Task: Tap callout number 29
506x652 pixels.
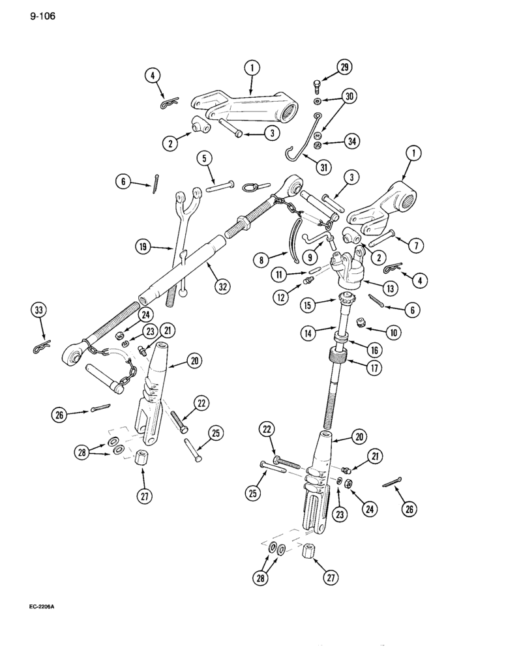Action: click(344, 67)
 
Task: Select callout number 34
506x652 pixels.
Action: click(353, 141)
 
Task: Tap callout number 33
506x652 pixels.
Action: click(41, 310)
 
